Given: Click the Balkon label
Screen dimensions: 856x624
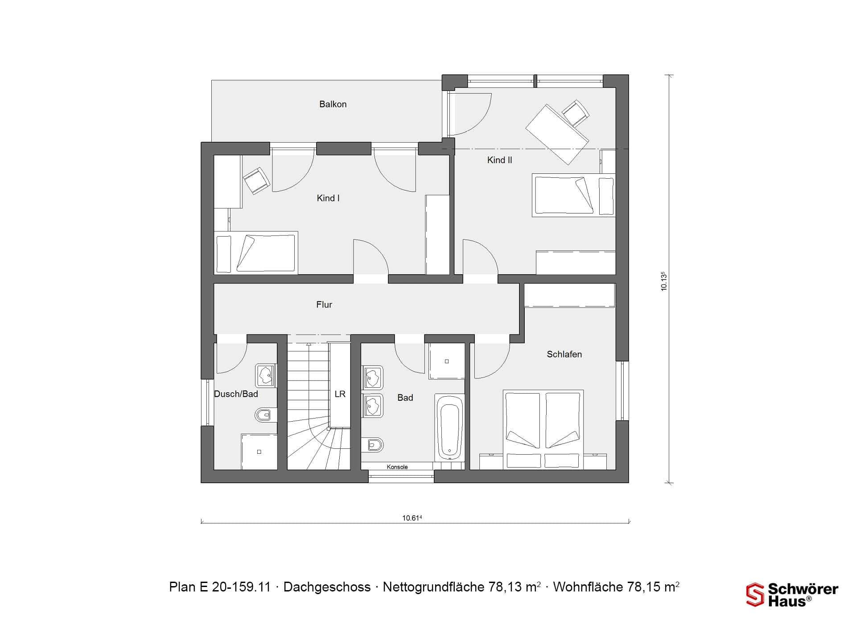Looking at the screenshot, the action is [x=333, y=104].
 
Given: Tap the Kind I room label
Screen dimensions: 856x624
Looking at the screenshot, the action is [x=328, y=198].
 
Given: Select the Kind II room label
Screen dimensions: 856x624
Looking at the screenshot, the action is [x=499, y=160].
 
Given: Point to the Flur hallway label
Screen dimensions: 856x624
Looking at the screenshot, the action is [x=324, y=305].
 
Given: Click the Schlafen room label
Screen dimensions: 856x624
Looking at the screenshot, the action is [x=564, y=354].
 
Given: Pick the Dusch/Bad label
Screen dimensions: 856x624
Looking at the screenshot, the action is [x=236, y=394].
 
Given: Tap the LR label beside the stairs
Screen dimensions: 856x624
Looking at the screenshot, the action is [x=340, y=394].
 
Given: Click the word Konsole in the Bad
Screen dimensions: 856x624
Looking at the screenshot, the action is [x=397, y=467].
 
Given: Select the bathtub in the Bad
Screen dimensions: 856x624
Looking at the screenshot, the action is [x=449, y=427].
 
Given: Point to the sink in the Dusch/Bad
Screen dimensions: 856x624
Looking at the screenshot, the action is [x=266, y=375].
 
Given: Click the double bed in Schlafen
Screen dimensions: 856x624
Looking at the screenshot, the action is [x=543, y=430].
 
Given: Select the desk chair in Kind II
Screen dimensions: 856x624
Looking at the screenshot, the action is [x=576, y=113].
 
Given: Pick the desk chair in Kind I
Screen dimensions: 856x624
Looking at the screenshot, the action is [x=256, y=181].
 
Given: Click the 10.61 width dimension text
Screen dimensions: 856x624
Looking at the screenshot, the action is [x=412, y=517].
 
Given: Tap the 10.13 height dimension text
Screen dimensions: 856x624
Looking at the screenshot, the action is [x=664, y=281].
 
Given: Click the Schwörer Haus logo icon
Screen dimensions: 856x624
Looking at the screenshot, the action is [x=755, y=595].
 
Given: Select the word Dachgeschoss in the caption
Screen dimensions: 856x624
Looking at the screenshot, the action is [x=327, y=587].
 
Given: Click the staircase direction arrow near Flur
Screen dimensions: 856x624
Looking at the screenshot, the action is [x=308, y=344].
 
